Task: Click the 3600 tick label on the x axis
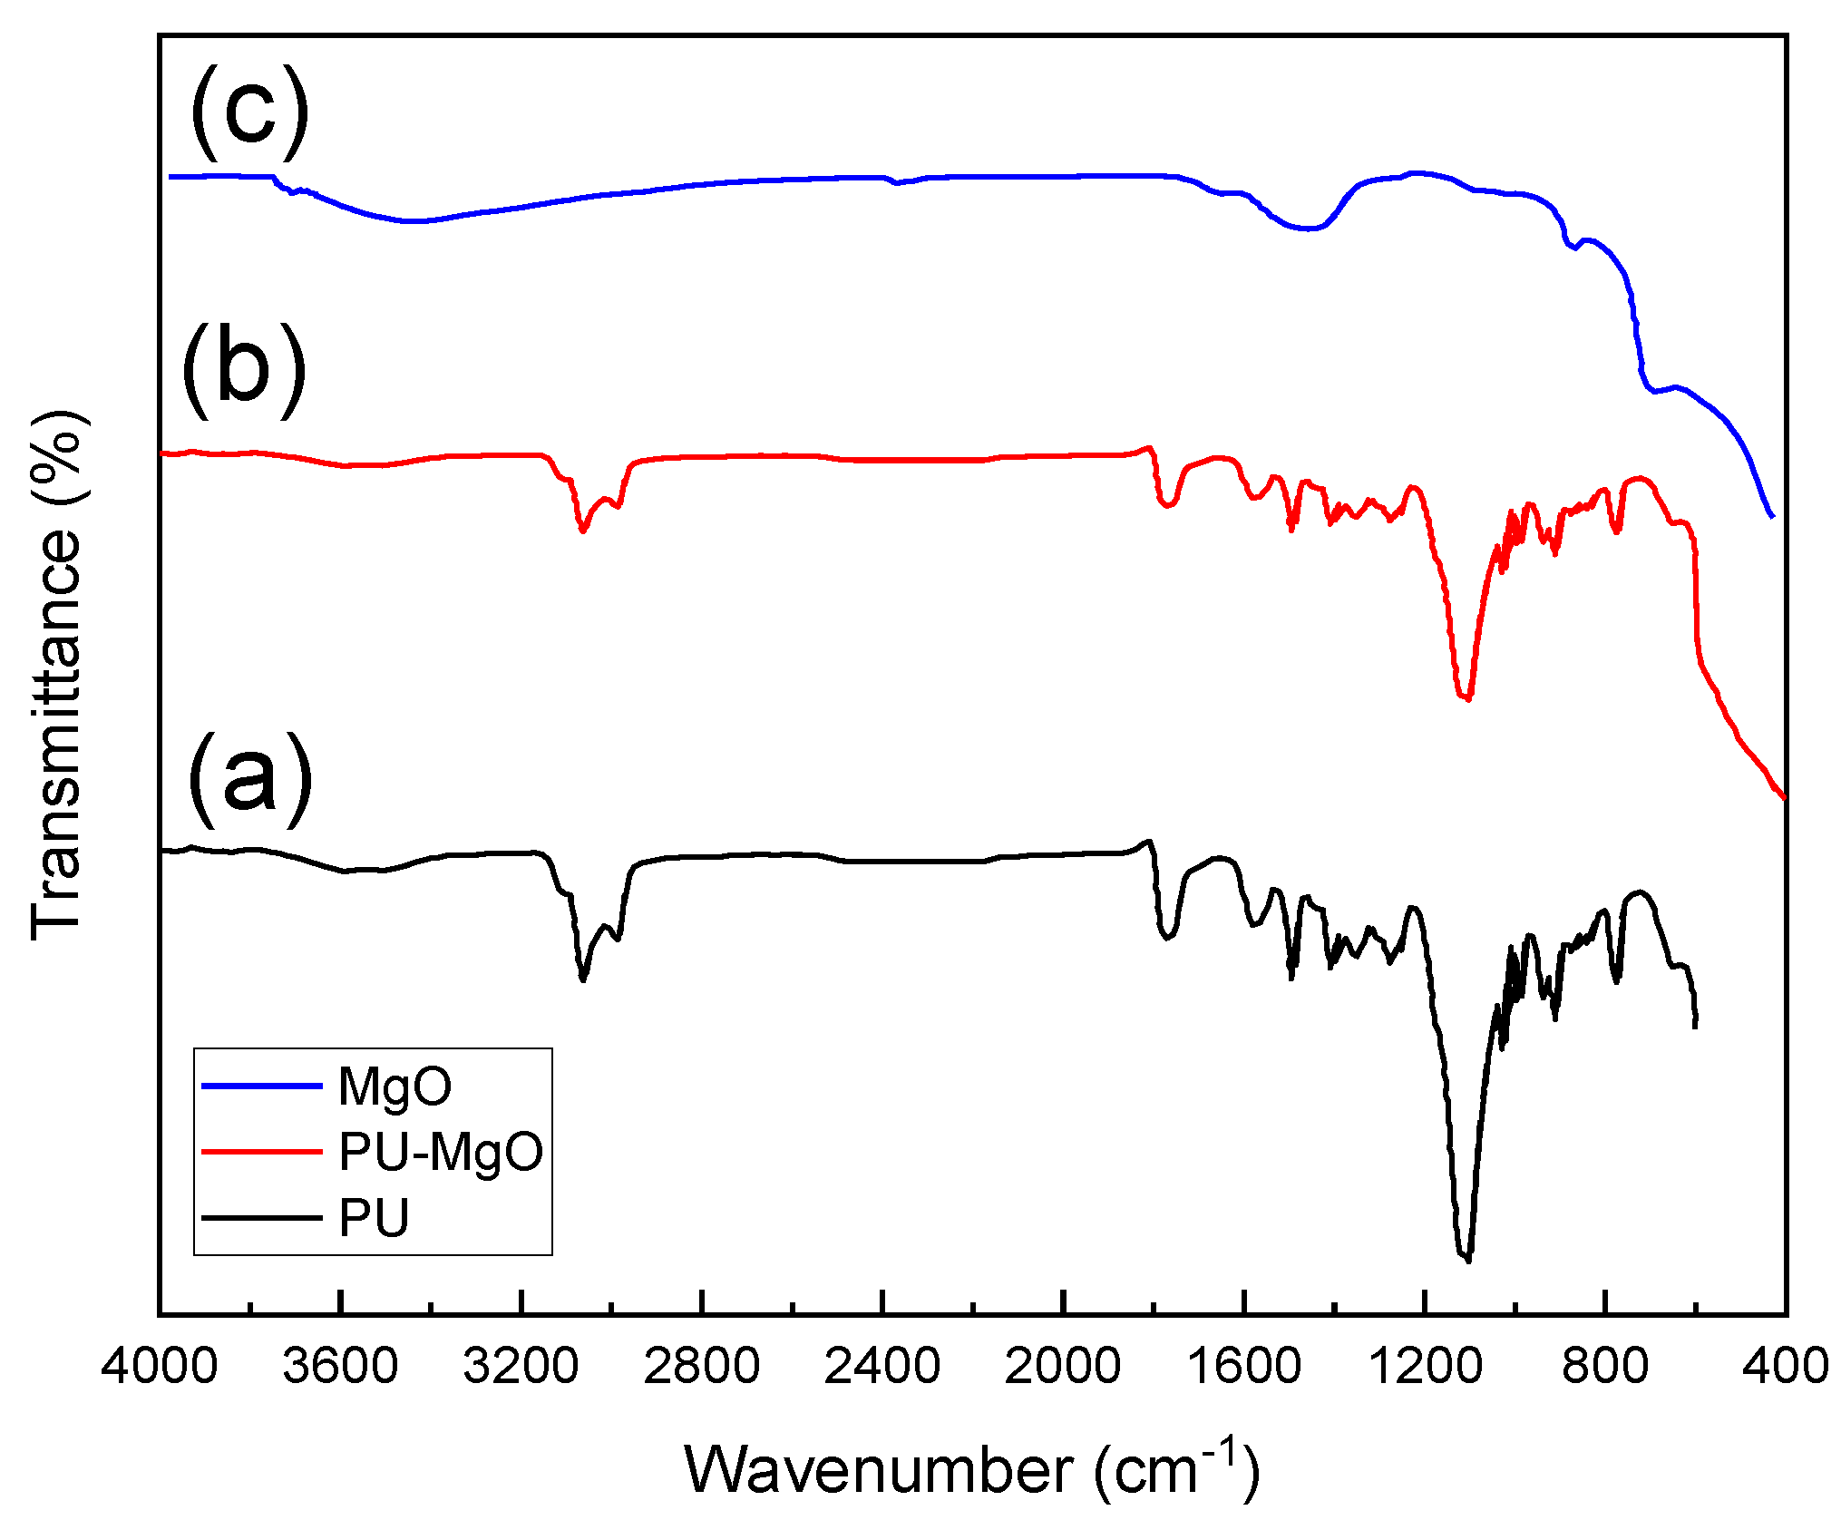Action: [x=340, y=1367]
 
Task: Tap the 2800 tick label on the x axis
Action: [x=702, y=1367]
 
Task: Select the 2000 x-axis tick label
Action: [x=1063, y=1367]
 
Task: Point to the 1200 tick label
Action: [x=1425, y=1367]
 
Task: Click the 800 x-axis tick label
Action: [x=1604, y=1367]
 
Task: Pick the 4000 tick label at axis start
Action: [x=160, y=1367]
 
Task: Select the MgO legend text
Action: [x=394, y=1086]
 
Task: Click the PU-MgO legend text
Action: [x=441, y=1152]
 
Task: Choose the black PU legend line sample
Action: [x=261, y=1217]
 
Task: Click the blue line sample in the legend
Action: [x=261, y=1086]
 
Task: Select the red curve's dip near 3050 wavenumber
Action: [x=583, y=531]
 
